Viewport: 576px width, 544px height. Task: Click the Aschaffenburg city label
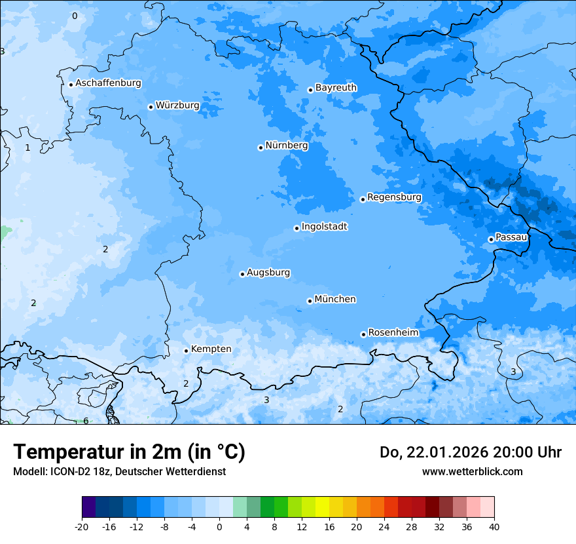click(108, 83)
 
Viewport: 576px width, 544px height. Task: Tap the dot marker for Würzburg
click(151, 107)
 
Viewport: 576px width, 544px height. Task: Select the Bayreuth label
click(336, 87)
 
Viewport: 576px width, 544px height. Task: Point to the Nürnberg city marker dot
click(261, 147)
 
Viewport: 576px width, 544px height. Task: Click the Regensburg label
click(394, 197)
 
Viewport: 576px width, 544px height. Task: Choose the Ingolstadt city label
click(324, 226)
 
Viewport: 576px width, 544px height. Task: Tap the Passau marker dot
click(491, 239)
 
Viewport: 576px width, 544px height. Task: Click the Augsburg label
click(268, 272)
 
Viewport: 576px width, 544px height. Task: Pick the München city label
click(334, 299)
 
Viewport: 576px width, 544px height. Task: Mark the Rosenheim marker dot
click(363, 334)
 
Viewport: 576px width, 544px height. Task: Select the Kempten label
click(211, 349)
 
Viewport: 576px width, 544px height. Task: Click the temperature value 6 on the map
click(86, 421)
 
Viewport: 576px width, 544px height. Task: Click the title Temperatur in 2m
click(129, 452)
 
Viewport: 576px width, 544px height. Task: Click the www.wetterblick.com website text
click(472, 471)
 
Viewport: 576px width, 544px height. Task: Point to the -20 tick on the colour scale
click(82, 526)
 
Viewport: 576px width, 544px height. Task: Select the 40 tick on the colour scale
click(494, 526)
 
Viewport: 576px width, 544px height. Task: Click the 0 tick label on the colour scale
click(219, 526)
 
